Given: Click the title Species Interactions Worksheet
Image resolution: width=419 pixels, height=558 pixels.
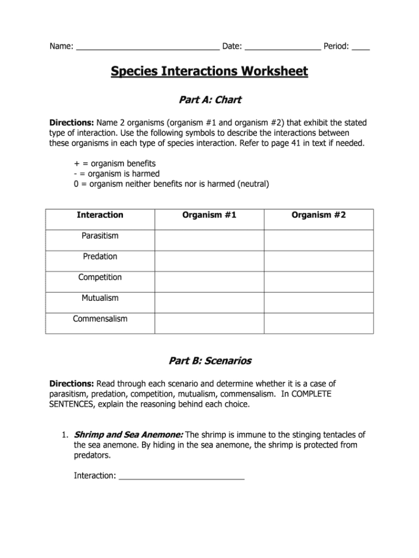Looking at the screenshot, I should pyautogui.click(x=209, y=71).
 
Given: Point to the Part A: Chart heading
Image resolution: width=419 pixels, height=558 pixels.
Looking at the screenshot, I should pyautogui.click(x=210, y=100).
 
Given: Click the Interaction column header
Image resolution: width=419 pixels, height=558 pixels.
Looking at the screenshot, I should pyautogui.click(x=100, y=215).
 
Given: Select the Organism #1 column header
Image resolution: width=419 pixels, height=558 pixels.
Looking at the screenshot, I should pyautogui.click(x=209, y=215).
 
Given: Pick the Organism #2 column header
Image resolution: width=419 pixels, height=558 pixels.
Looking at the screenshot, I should pyautogui.click(x=318, y=215).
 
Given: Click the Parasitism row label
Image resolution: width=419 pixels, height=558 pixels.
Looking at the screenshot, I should pyautogui.click(x=100, y=236).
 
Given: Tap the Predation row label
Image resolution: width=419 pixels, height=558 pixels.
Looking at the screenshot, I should pyautogui.click(x=100, y=257).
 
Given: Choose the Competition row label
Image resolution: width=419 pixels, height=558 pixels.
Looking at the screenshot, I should pyautogui.click(x=100, y=277).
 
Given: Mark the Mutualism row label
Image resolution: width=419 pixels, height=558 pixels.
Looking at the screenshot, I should pyautogui.click(x=100, y=298).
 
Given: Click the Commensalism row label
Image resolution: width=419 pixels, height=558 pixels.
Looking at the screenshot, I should pyautogui.click(x=100, y=319).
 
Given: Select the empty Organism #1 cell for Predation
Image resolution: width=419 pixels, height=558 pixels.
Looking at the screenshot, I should pyautogui.click(x=209, y=261).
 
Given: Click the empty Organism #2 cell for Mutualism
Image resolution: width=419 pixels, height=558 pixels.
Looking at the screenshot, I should pyautogui.click(x=318, y=302).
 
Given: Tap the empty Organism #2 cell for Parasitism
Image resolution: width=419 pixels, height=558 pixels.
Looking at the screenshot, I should pyautogui.click(x=318, y=240).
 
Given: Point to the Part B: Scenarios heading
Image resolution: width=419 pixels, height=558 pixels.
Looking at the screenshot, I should pyautogui.click(x=210, y=361).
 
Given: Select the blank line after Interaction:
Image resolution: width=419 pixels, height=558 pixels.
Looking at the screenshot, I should pyautogui.click(x=181, y=476).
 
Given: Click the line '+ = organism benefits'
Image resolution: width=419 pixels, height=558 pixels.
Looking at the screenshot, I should pyautogui.click(x=115, y=163).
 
